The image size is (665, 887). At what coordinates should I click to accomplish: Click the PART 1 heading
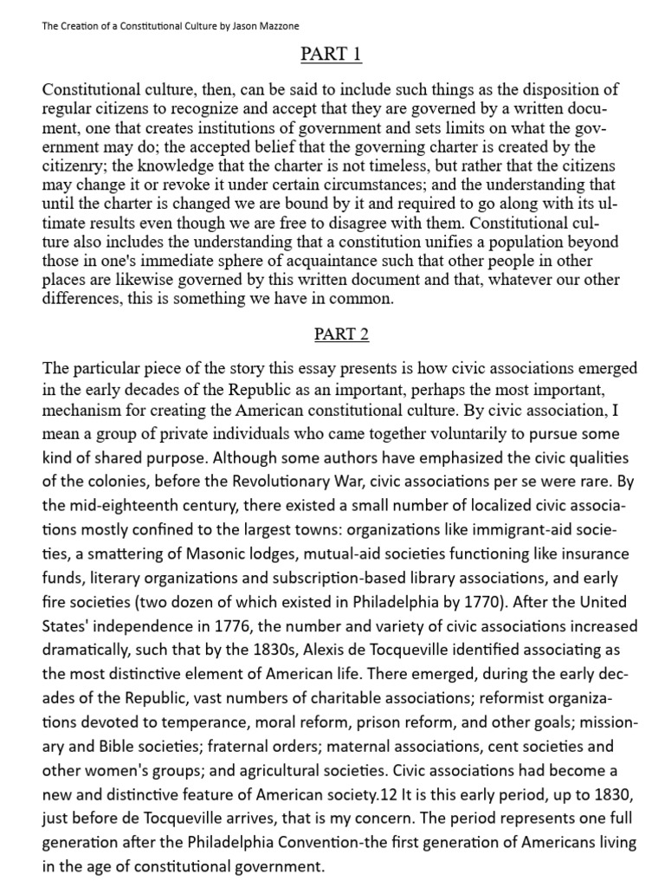click(332, 55)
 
